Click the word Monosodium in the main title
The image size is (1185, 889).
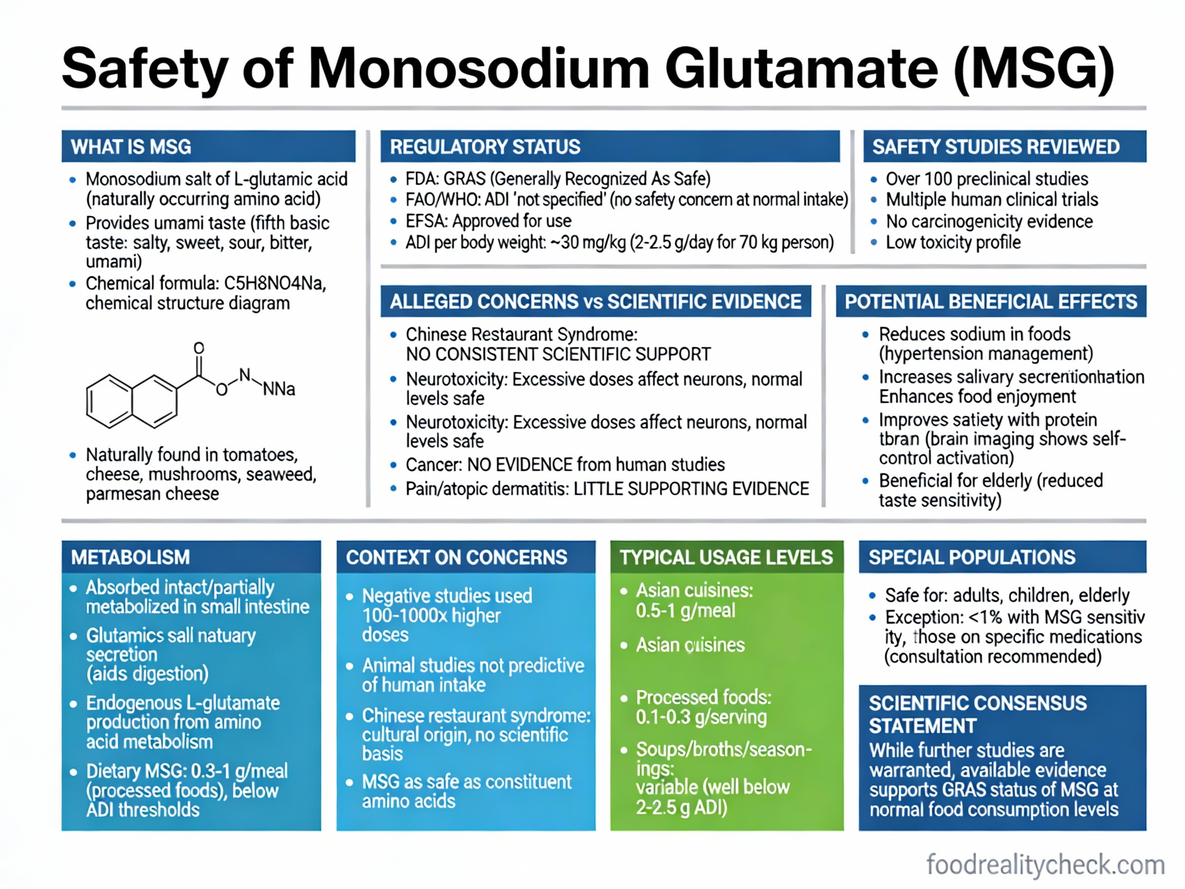tap(478, 69)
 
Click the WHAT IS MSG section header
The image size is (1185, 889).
tap(131, 147)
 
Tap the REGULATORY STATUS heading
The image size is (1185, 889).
tap(485, 147)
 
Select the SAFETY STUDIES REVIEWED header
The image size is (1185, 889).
tap(995, 147)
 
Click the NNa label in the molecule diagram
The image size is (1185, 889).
tap(279, 388)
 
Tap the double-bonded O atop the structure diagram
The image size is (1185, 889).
tap(199, 348)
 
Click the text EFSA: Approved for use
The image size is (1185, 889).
tap(488, 221)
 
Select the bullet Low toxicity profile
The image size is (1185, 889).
tap(953, 242)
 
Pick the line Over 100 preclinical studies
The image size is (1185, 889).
tap(986, 179)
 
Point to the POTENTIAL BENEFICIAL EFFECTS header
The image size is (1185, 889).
tap(991, 301)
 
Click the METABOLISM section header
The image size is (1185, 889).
tap(130, 557)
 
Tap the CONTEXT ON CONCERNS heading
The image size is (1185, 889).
tap(456, 557)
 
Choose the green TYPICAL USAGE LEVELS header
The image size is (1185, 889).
tap(726, 557)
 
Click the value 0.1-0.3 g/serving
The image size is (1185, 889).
tap(701, 717)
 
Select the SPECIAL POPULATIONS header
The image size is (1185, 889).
tap(971, 557)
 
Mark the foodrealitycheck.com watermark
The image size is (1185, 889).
tap(1045, 864)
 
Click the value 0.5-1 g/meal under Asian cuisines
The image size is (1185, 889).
tap(685, 610)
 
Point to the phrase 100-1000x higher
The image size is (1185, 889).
tap(431, 616)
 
